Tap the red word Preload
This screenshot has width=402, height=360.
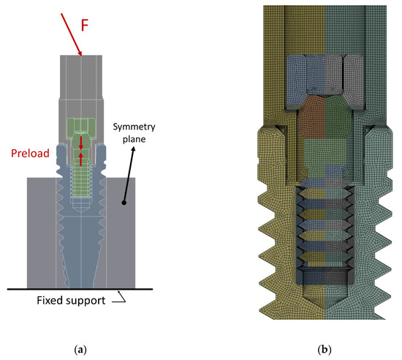(x=29, y=154)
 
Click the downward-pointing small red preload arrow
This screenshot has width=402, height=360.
(x=81, y=151)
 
